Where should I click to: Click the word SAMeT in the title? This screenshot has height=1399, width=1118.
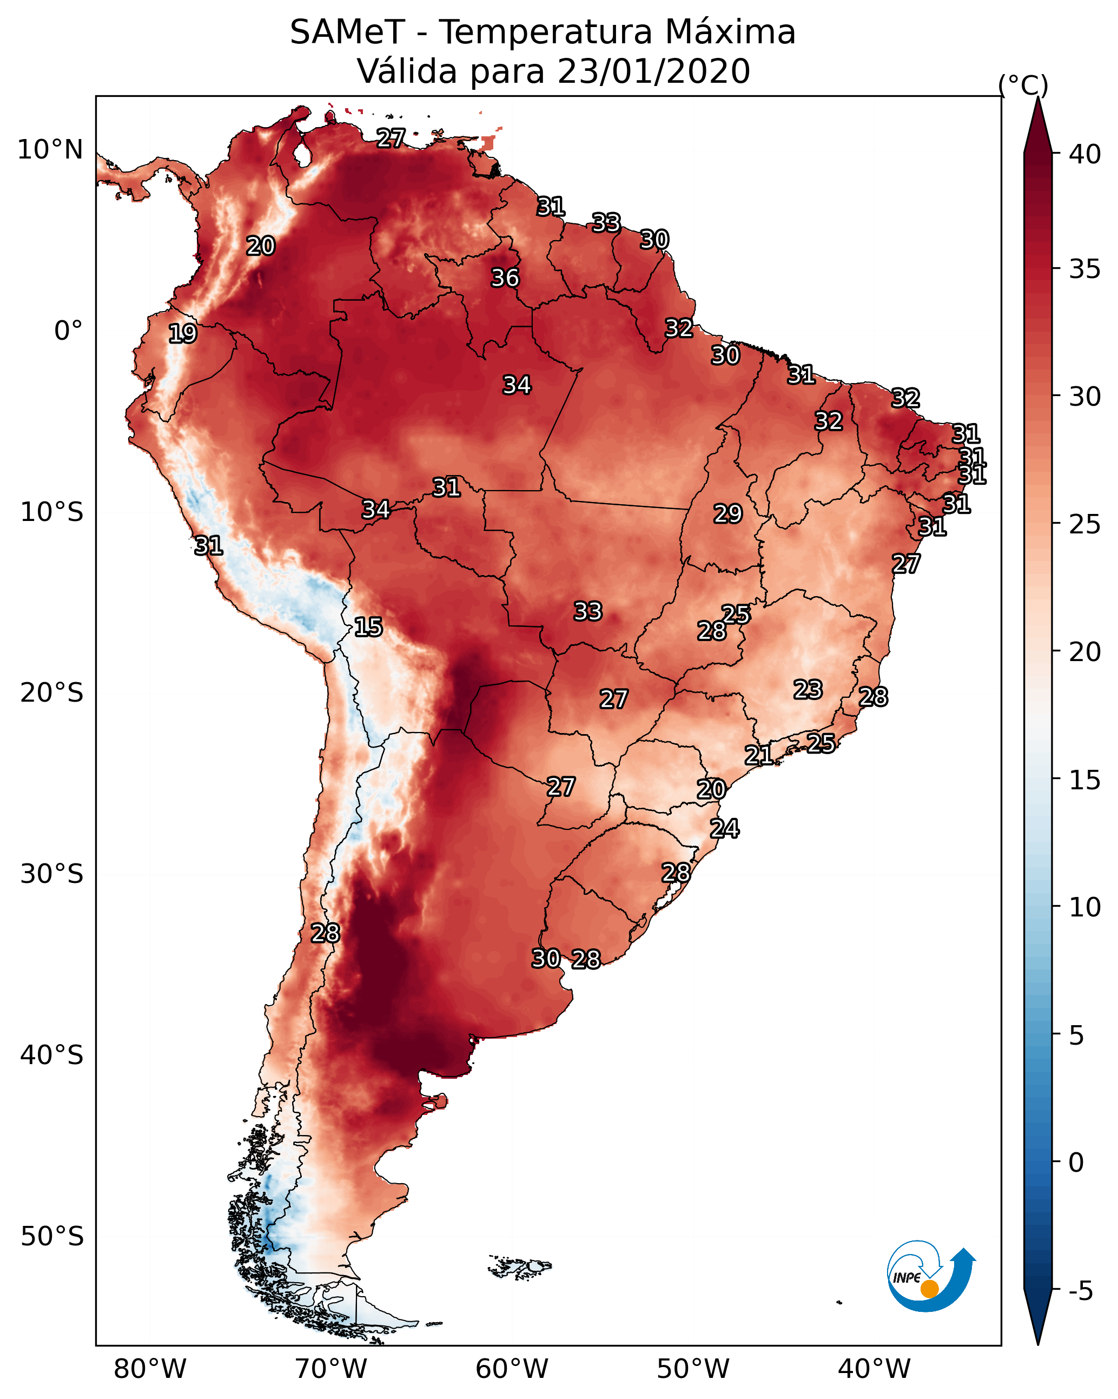347,32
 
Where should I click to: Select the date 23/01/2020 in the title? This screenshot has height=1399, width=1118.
653,71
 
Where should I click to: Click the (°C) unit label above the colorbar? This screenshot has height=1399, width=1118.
1023,85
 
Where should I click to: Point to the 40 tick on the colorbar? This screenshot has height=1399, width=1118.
1085,154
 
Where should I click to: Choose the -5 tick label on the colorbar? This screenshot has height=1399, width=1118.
1080,1291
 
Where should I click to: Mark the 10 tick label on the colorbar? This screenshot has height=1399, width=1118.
1085,907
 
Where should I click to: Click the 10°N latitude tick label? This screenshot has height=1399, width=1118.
50,150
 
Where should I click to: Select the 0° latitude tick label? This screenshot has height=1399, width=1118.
68,331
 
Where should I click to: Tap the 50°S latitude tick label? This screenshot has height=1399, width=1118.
52,1237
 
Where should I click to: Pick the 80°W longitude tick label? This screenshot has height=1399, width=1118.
150,1369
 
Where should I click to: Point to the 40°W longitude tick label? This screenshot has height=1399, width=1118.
874,1369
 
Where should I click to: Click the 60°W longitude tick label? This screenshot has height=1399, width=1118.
512,1369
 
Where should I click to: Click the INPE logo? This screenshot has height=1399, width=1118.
930,1278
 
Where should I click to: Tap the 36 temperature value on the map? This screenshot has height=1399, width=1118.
505,278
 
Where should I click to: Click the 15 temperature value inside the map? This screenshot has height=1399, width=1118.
368,627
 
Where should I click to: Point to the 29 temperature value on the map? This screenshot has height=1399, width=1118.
727,514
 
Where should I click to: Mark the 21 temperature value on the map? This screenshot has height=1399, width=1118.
758,755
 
